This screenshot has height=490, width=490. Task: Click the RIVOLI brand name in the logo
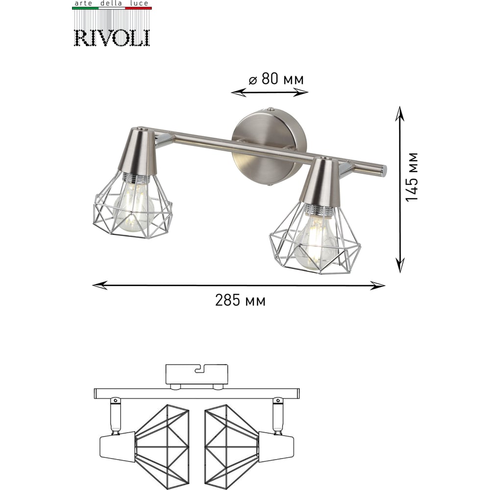click(112, 38)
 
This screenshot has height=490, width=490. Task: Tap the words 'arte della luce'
click(112, 3)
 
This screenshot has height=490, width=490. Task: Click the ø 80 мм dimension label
click(276, 79)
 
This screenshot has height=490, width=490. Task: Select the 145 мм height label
click(412, 177)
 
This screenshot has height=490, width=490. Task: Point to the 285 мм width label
click(240, 301)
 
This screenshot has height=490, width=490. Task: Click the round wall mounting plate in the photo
click(269, 147)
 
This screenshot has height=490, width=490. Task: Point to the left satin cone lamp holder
click(138, 152)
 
